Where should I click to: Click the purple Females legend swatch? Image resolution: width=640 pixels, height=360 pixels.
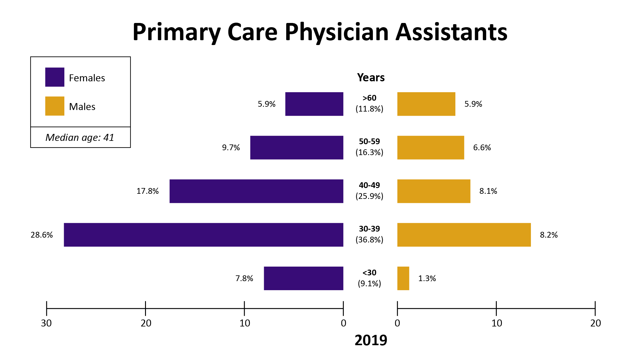[x=55, y=77]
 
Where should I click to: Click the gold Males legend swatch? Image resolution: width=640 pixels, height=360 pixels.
[x=55, y=106]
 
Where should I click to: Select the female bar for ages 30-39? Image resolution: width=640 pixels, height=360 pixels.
[x=203, y=235]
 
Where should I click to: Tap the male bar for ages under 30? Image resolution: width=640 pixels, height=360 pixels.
[x=403, y=278]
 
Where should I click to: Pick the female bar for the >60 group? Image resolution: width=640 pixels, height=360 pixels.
[x=314, y=104]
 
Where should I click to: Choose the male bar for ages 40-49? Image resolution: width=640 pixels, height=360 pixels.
[x=434, y=191]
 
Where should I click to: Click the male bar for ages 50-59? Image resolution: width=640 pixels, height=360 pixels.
[x=431, y=148]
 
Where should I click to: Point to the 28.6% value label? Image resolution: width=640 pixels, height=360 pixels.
[x=42, y=235]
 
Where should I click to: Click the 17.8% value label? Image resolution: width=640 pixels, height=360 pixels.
[x=147, y=191]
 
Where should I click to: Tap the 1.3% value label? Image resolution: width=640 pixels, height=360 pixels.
[x=427, y=278]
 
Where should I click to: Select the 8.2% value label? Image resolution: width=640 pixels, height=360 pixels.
[x=549, y=235]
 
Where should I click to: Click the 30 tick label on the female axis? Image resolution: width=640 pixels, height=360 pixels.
[x=46, y=323]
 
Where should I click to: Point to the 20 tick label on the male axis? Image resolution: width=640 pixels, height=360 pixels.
[x=596, y=323]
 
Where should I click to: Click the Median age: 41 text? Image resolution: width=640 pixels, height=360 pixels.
[x=80, y=138]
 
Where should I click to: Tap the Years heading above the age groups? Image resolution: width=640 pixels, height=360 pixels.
[x=371, y=78]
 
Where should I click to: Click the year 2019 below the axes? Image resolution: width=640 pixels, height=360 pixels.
[x=371, y=340]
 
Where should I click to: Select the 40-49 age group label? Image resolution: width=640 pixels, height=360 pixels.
[x=369, y=185]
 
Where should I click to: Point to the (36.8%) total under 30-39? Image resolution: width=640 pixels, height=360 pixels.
[x=369, y=240]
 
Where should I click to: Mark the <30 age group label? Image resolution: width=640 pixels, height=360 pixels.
[x=369, y=273]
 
